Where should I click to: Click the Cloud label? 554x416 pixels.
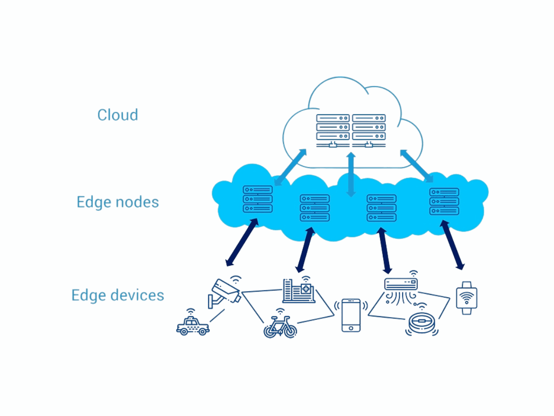pyautogui.click(x=117, y=115)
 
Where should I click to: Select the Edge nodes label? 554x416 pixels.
pyautogui.click(x=118, y=202)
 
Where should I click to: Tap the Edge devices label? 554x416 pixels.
pyautogui.click(x=118, y=295)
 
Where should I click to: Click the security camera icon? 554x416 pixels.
pyautogui.click(x=224, y=292)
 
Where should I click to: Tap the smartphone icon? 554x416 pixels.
pyautogui.click(x=351, y=315)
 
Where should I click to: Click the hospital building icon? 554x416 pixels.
pyautogui.click(x=299, y=291)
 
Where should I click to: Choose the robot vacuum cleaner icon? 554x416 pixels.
pyautogui.click(x=421, y=323)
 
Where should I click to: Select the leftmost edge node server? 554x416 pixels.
pyautogui.click(x=258, y=199)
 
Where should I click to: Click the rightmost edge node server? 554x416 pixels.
pyautogui.click(x=444, y=202)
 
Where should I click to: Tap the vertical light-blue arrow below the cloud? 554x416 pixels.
pyautogui.click(x=351, y=175)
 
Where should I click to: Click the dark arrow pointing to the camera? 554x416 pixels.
pyautogui.click(x=241, y=243)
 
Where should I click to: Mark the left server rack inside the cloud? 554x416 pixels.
pyautogui.click(x=332, y=127)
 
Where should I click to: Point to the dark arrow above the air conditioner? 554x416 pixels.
pyautogui.click(x=384, y=249)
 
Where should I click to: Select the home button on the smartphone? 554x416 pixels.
pyautogui.click(x=351, y=328)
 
